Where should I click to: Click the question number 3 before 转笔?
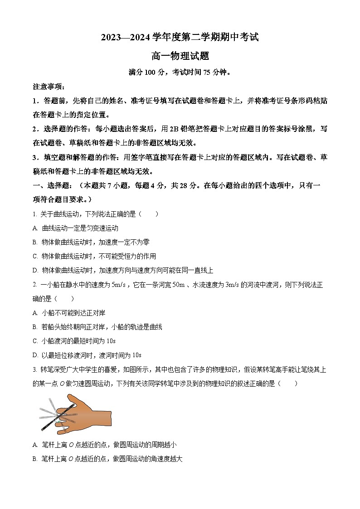click(x=34, y=370)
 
